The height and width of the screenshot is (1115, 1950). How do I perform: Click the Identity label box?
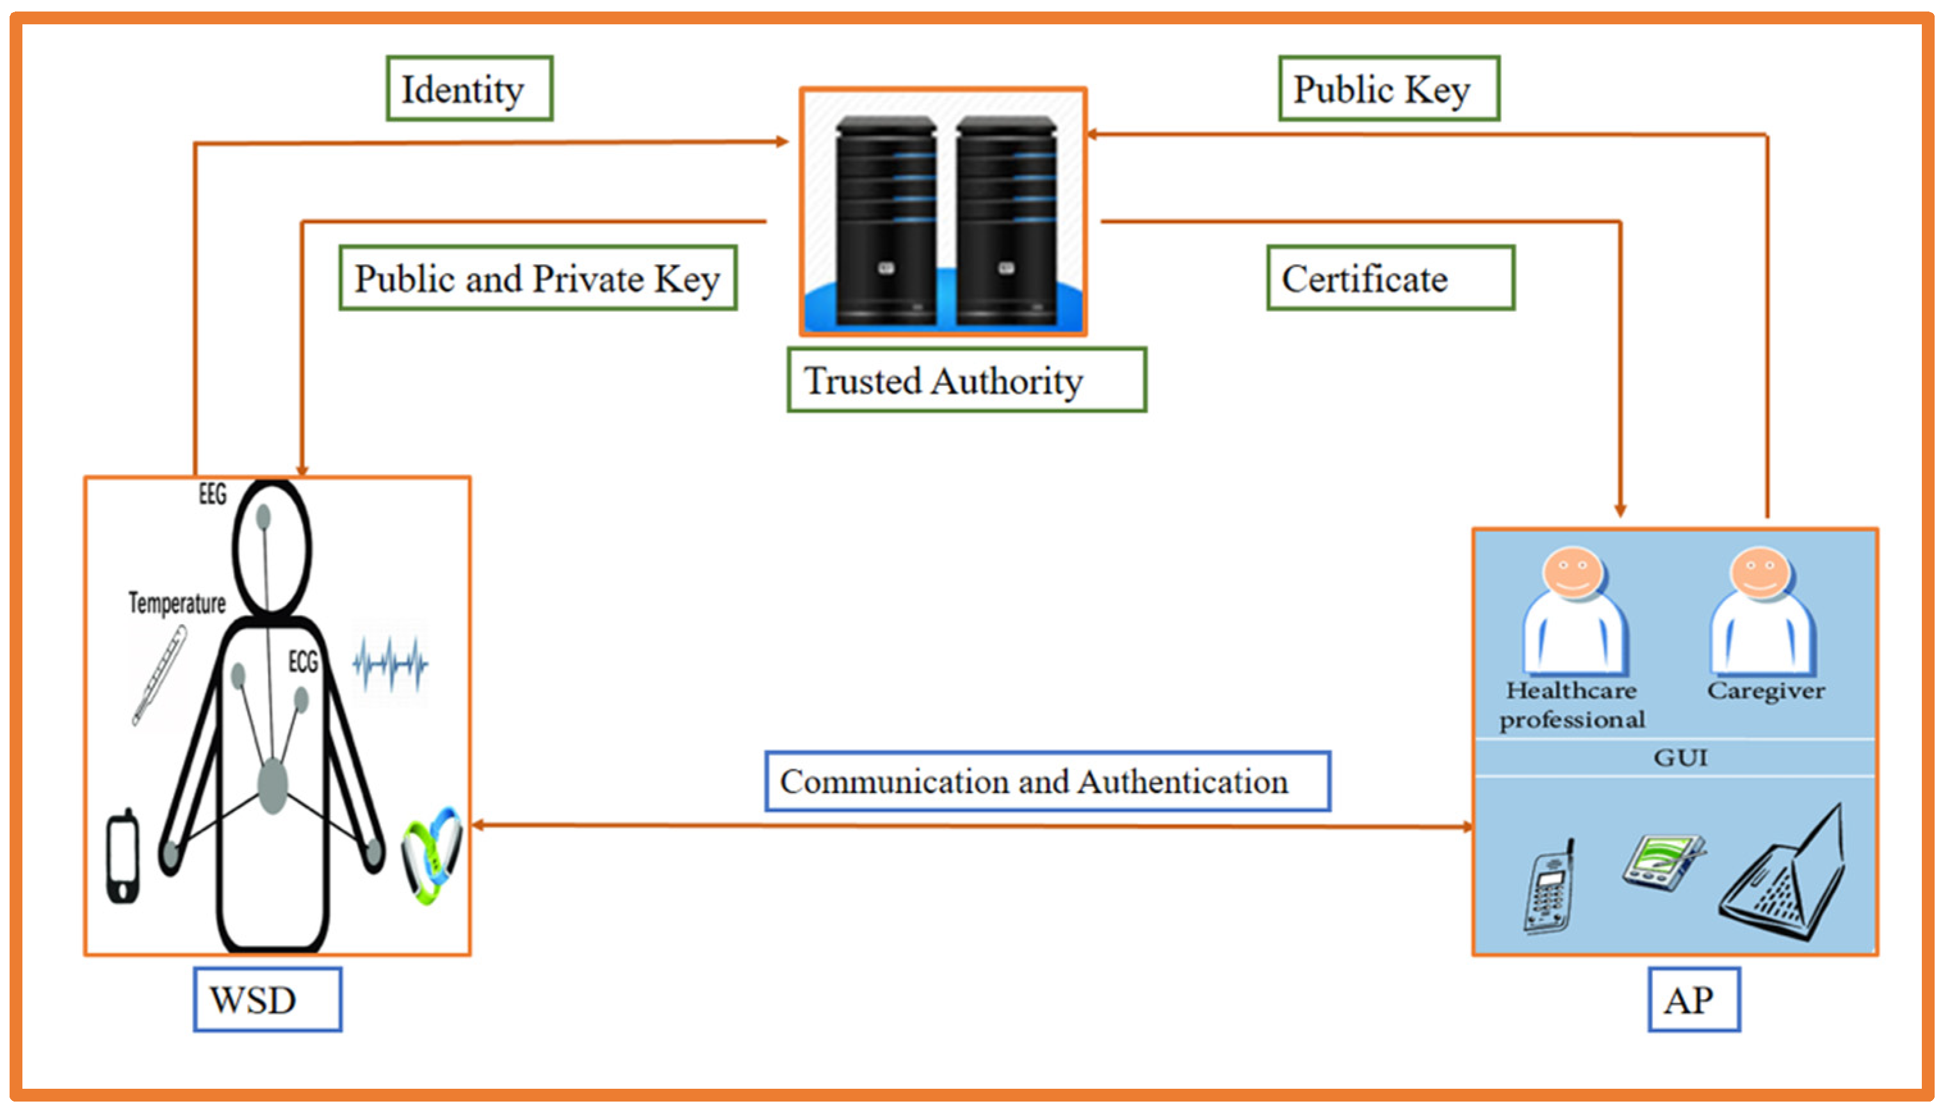(x=469, y=89)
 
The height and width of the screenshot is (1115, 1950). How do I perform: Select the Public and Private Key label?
(x=537, y=278)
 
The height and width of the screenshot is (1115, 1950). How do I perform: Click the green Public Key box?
(x=1388, y=89)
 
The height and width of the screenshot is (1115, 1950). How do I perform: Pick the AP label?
(x=1693, y=999)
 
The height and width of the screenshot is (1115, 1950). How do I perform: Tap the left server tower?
(x=886, y=222)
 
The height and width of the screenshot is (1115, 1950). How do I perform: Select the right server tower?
(x=1005, y=222)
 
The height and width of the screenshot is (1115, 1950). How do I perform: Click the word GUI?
(x=1680, y=758)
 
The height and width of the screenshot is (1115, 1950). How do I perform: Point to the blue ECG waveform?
(x=389, y=663)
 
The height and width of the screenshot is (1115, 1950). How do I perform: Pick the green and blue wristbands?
(x=432, y=854)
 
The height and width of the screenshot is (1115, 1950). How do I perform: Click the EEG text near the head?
(x=212, y=494)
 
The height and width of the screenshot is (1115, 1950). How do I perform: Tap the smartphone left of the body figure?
(x=122, y=856)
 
